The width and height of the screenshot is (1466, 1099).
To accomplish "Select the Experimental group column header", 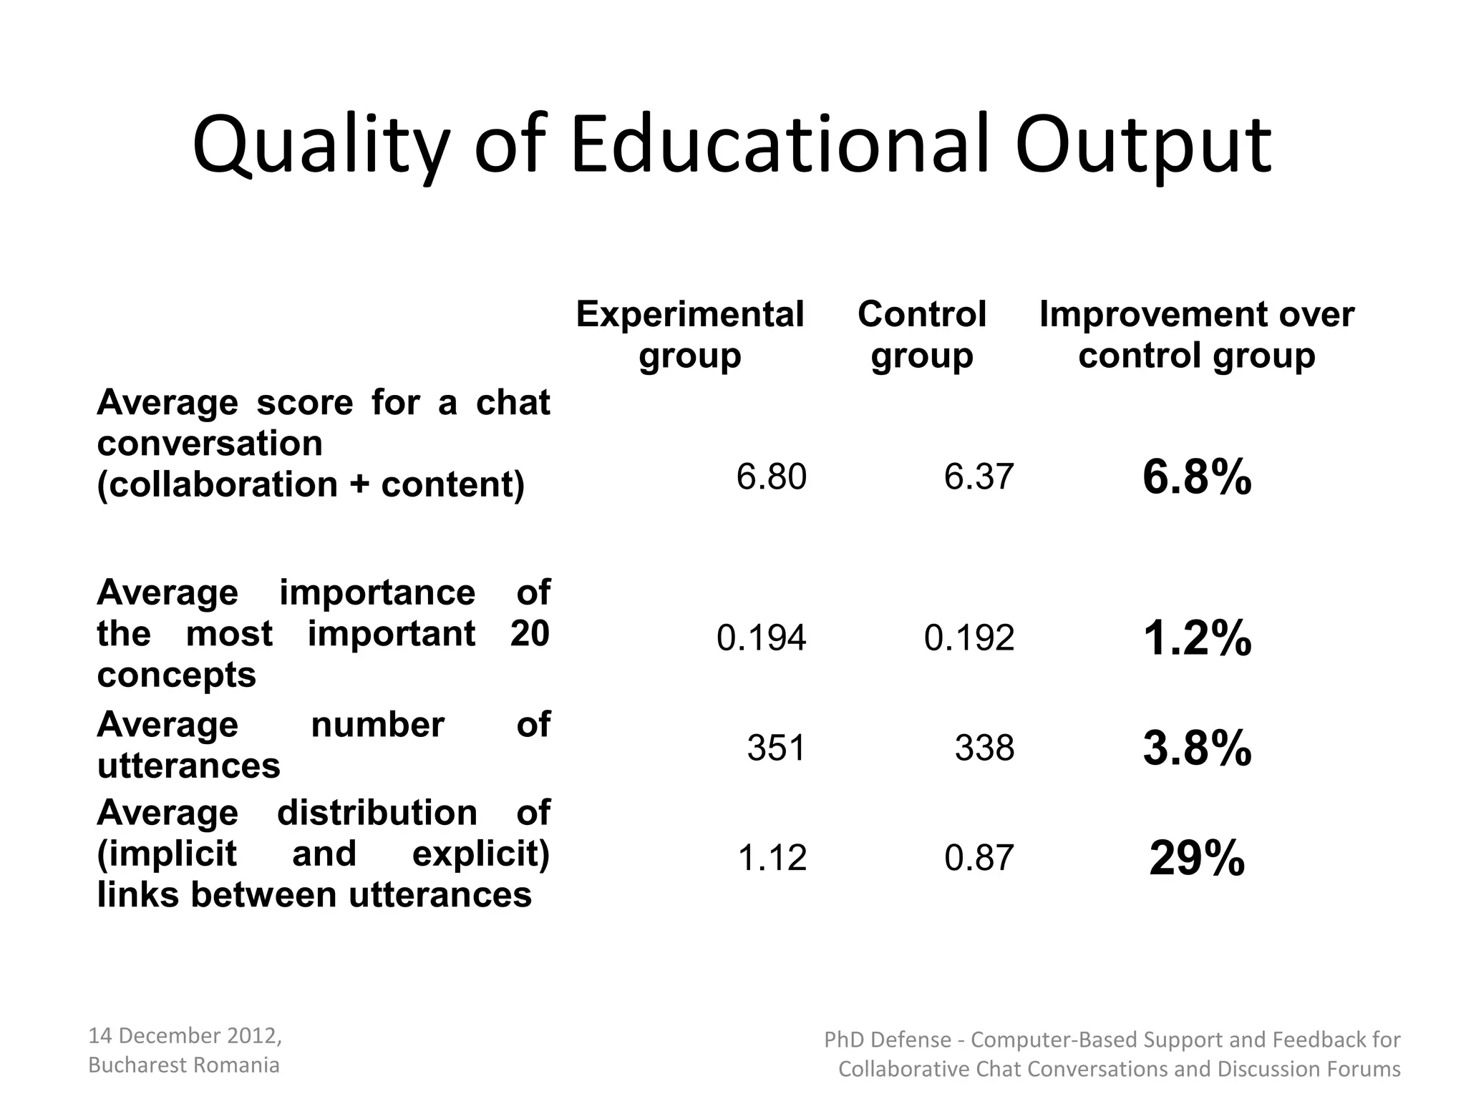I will click(x=689, y=335).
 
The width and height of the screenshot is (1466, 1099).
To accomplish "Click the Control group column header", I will click(x=922, y=335).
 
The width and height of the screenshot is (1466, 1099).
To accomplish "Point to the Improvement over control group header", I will click(x=1197, y=335).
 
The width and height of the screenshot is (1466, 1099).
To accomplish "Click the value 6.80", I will click(x=771, y=477).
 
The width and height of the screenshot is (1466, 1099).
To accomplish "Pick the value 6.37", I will click(x=979, y=477).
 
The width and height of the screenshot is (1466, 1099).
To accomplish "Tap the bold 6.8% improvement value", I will click(x=1197, y=477).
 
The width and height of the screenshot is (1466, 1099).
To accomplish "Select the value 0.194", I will click(x=761, y=638).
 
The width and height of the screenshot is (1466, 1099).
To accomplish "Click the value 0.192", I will click(x=969, y=638).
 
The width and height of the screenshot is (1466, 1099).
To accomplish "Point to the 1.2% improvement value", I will click(x=1197, y=638).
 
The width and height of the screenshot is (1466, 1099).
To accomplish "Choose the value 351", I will click(x=776, y=748).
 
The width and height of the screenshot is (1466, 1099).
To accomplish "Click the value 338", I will click(x=984, y=748).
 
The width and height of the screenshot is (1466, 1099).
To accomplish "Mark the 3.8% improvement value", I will click(x=1197, y=748).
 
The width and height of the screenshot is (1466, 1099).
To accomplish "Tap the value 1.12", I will click(x=772, y=858).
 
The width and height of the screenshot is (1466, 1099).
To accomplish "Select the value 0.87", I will click(x=979, y=858).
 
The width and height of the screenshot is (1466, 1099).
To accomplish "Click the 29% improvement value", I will click(x=1197, y=858).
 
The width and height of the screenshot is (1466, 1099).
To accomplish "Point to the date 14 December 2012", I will click(x=184, y=1035).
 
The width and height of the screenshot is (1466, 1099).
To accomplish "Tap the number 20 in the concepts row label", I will click(x=530, y=634).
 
